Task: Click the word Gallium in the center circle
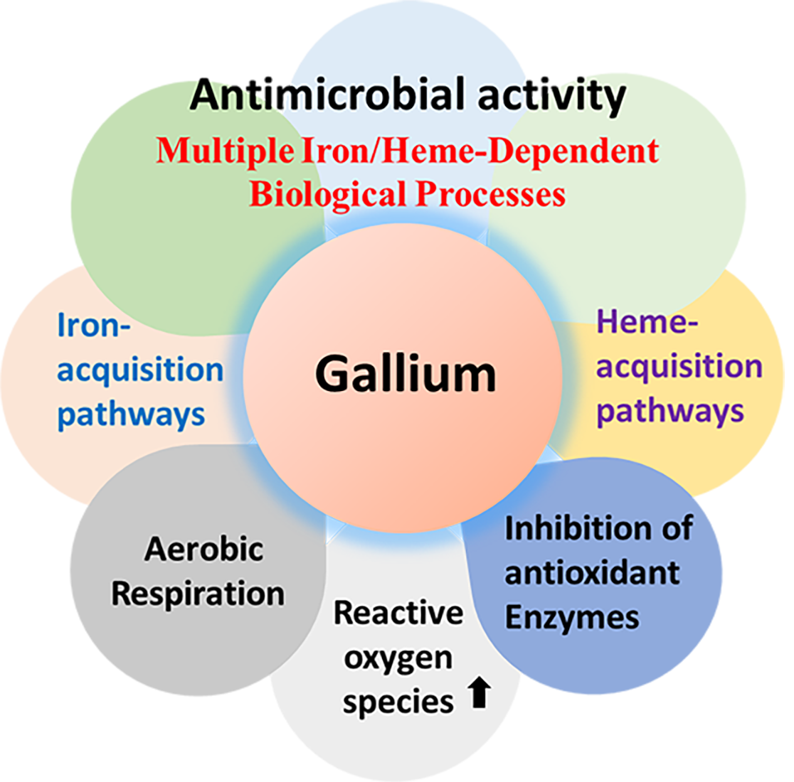pyautogui.click(x=406, y=374)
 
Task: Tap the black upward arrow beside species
pyautogui.click(x=480, y=693)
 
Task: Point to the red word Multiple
pyautogui.click(x=224, y=151)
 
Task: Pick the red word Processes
pyautogui.click(x=490, y=193)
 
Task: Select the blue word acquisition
pyautogui.click(x=140, y=370)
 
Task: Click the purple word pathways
pyautogui.click(x=670, y=412)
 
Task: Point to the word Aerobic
pyautogui.click(x=204, y=549)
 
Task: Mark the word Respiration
pyautogui.click(x=198, y=594)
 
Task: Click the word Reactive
pyautogui.click(x=398, y=612)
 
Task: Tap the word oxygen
pyautogui.click(x=398, y=658)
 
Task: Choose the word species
pyautogui.click(x=398, y=702)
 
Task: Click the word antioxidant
pyautogui.click(x=592, y=573)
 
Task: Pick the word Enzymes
pyautogui.click(x=572, y=617)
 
